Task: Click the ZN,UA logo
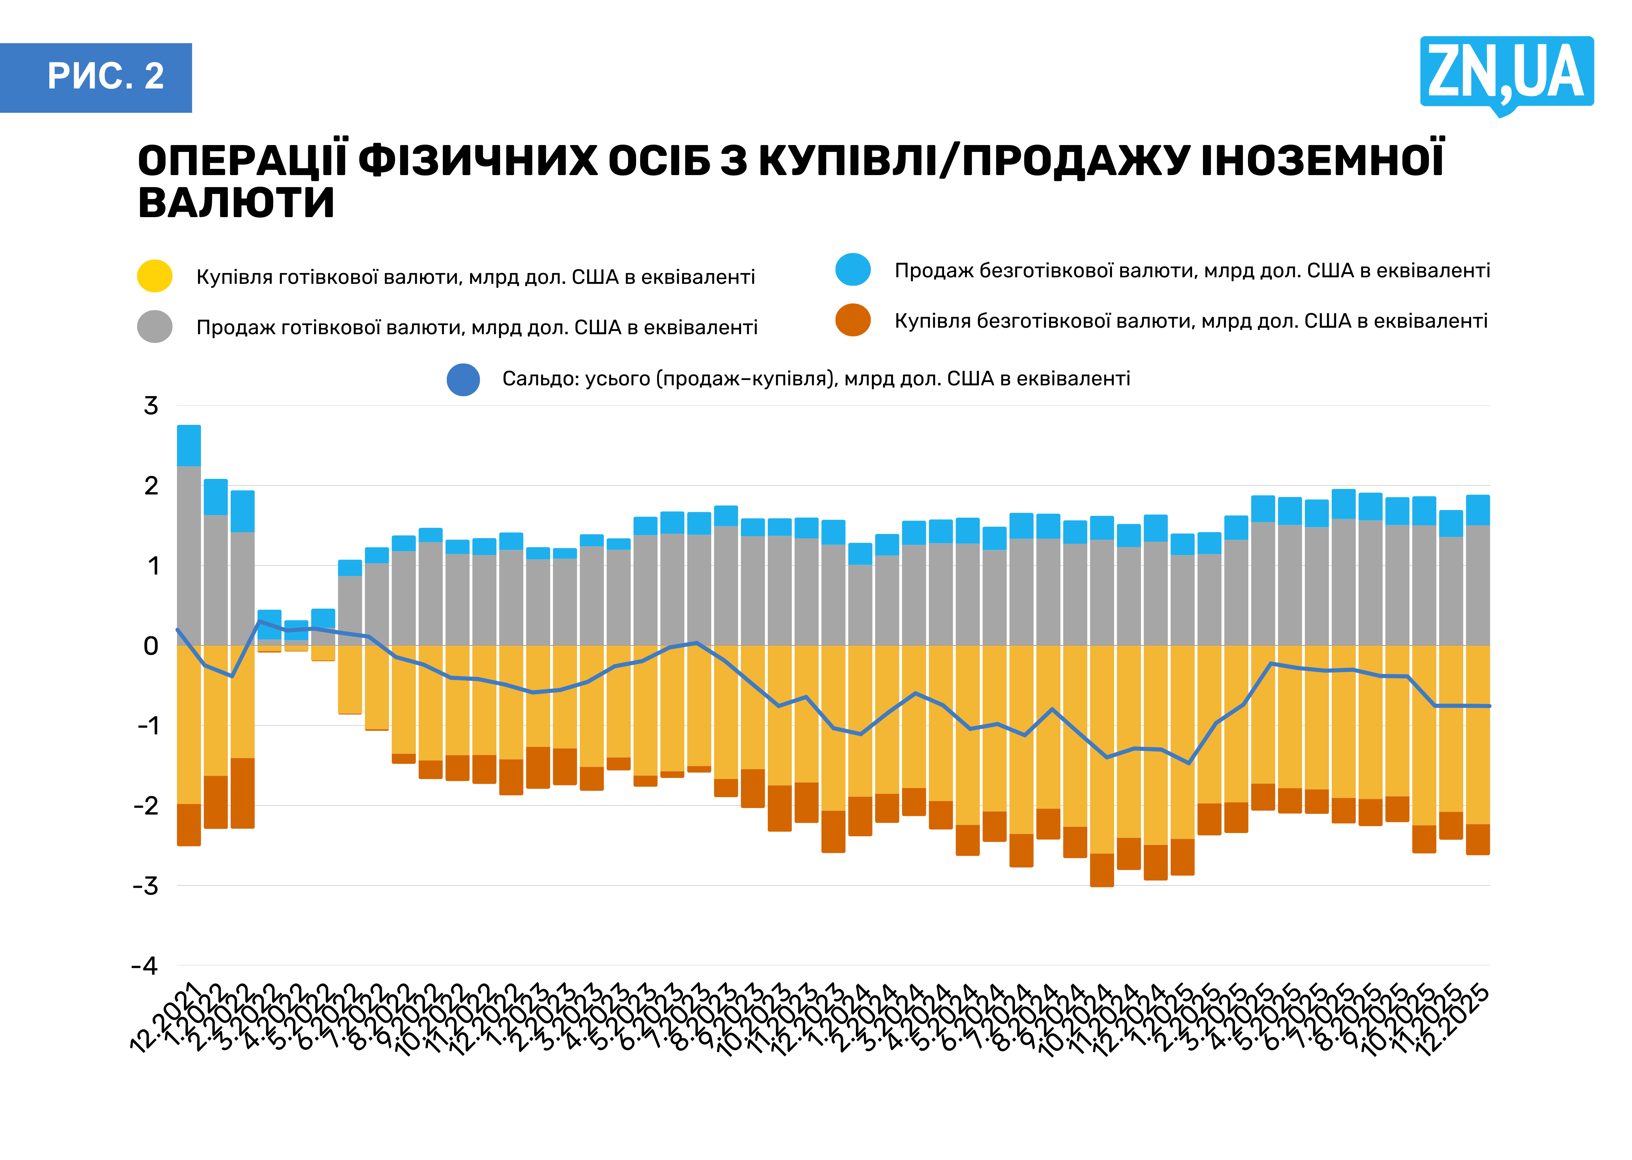click(x=1506, y=73)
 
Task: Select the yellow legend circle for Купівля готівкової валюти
click(x=154, y=276)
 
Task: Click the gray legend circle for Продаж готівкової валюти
click(x=154, y=326)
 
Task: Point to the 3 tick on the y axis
click(x=151, y=406)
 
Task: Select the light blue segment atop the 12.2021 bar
click(x=189, y=445)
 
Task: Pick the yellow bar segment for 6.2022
click(x=350, y=679)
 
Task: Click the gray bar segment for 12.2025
click(x=1478, y=586)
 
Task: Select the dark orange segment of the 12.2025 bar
click(x=1478, y=839)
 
